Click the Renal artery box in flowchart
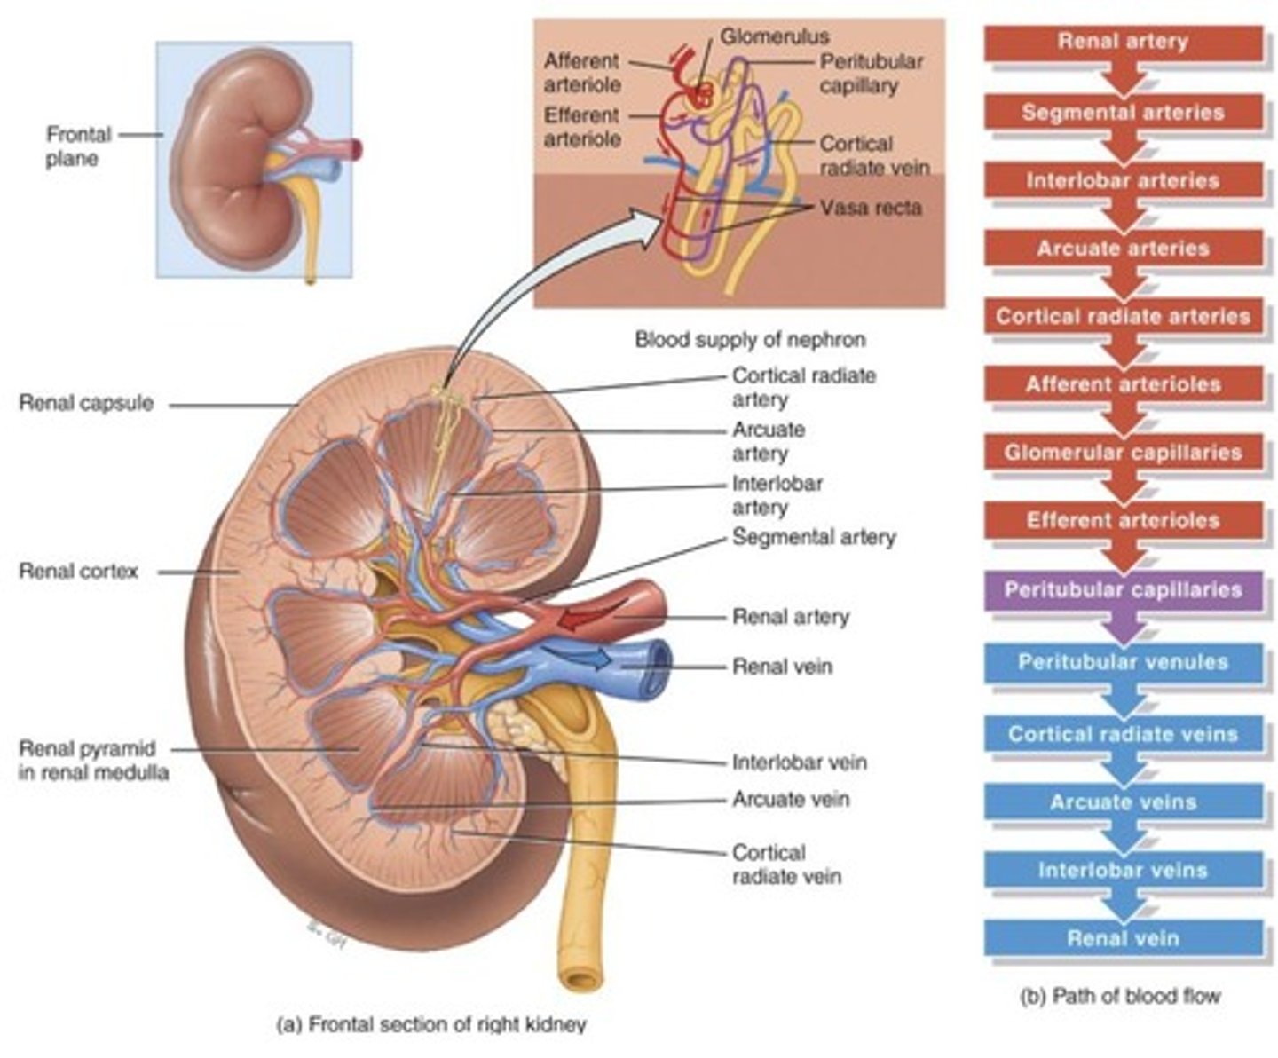pos(1123,43)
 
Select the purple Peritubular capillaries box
pos(1123,590)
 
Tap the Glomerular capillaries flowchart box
pos(1123,453)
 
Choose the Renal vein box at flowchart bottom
pos(1123,938)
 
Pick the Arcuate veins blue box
pos(1123,802)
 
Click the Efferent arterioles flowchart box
pos(1123,521)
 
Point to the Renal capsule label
pos(86,403)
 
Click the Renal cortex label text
pos(78,572)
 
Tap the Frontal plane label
pos(78,147)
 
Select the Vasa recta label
pos(871,208)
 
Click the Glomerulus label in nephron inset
pos(774,36)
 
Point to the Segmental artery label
pos(813,537)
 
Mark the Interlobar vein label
pos(799,762)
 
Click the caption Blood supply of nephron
pos(750,339)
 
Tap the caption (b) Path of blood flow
pos(1122,996)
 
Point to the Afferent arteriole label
pos(581,73)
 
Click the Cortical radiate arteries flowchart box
pos(1123,317)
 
